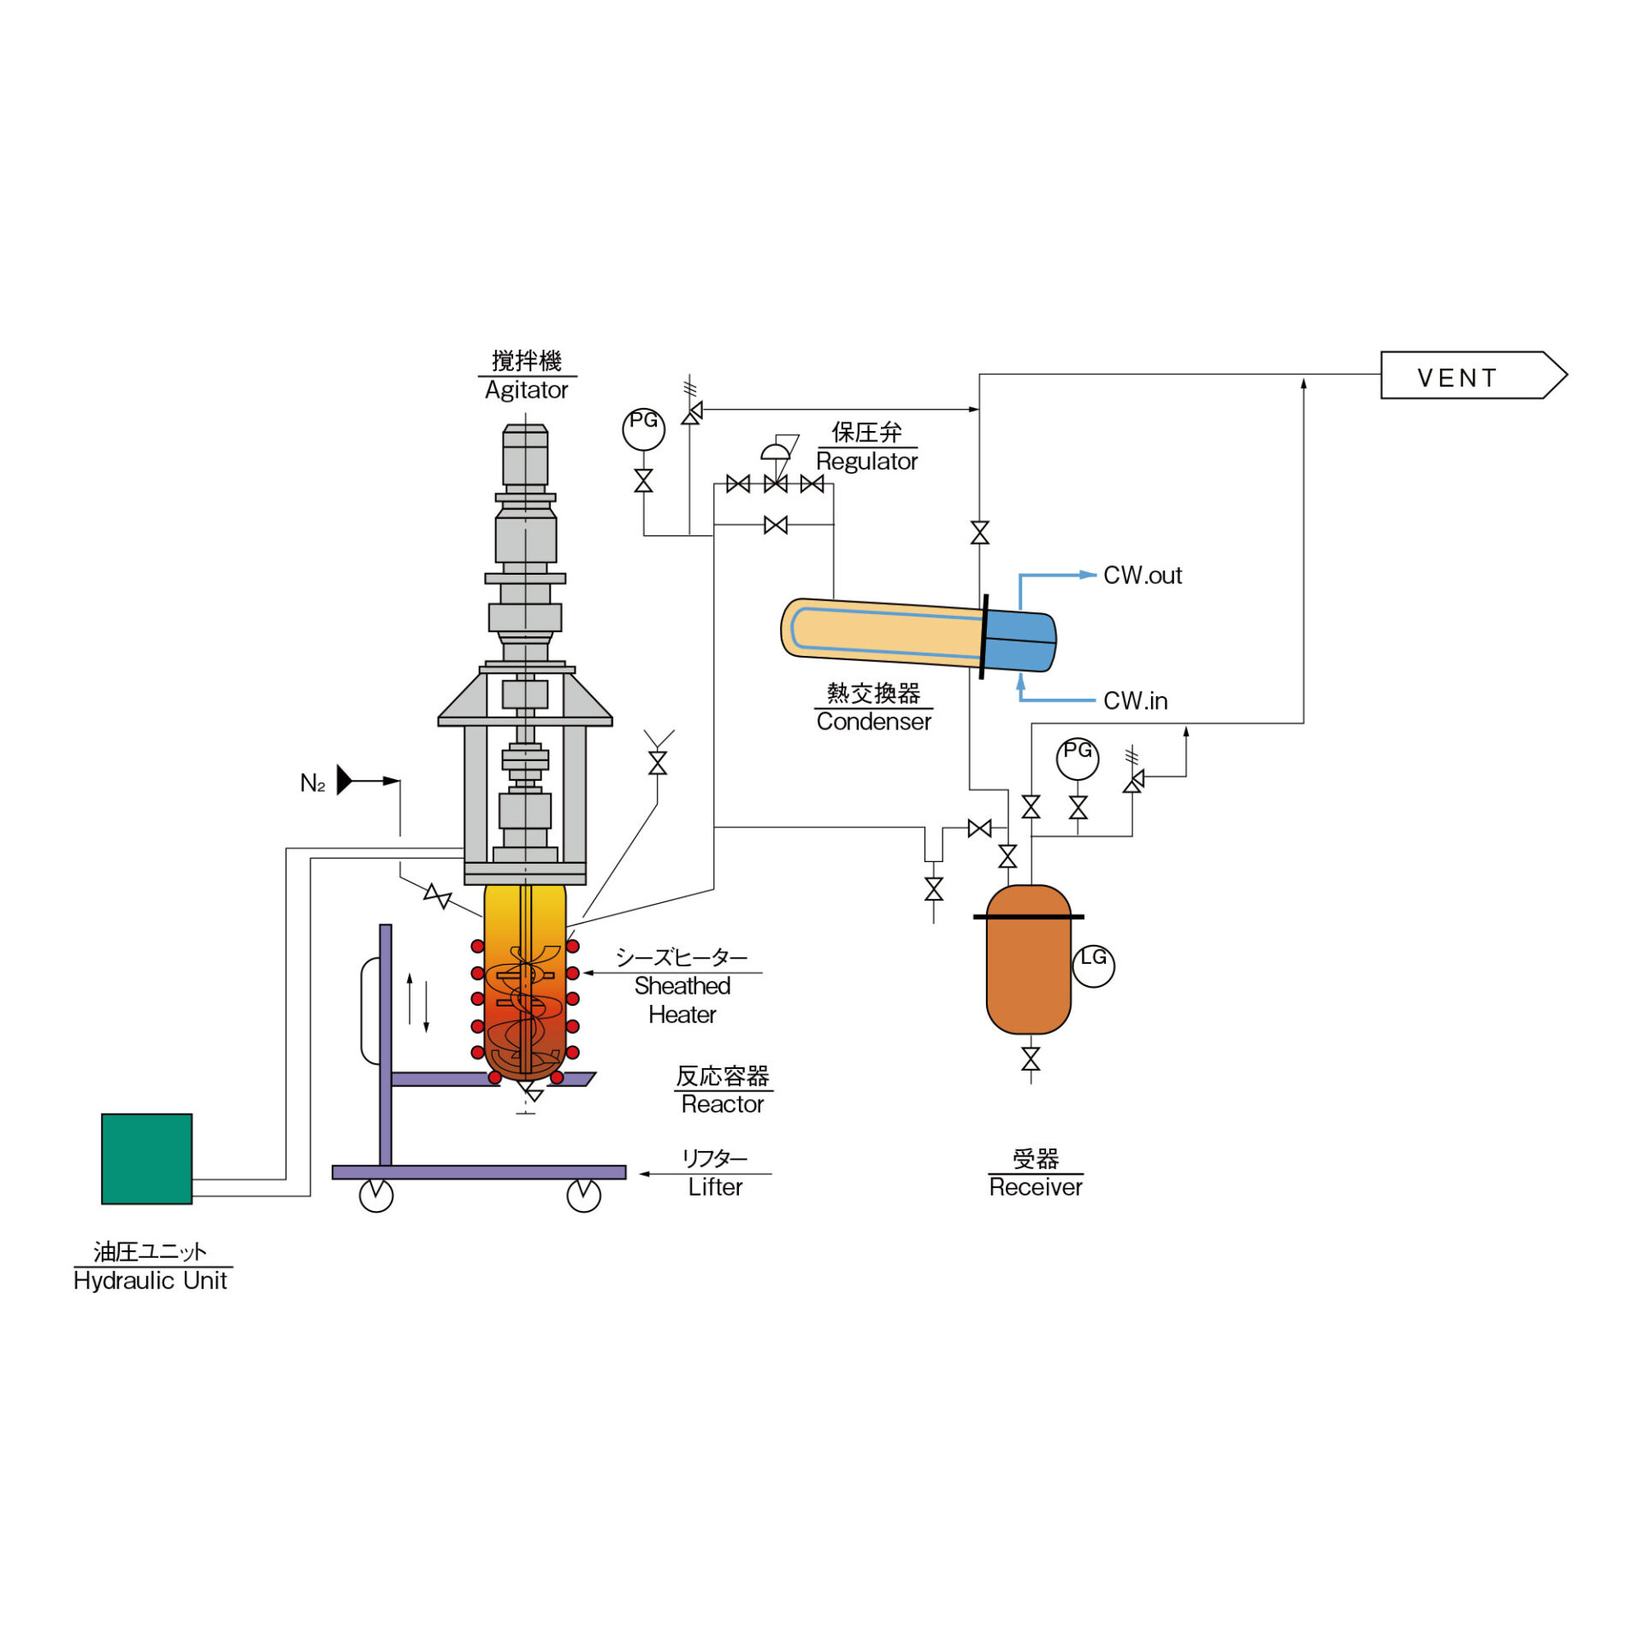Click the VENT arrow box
pos(1473,375)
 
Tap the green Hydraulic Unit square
pos(146,1159)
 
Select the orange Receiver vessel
pos(1028,960)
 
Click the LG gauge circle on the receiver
pos(1093,966)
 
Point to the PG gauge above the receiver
pos(1078,758)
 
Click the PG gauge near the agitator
pos(643,428)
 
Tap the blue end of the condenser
pos(1020,641)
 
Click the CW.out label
pos(1142,575)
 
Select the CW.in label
pos(1135,700)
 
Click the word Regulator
pos(866,461)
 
